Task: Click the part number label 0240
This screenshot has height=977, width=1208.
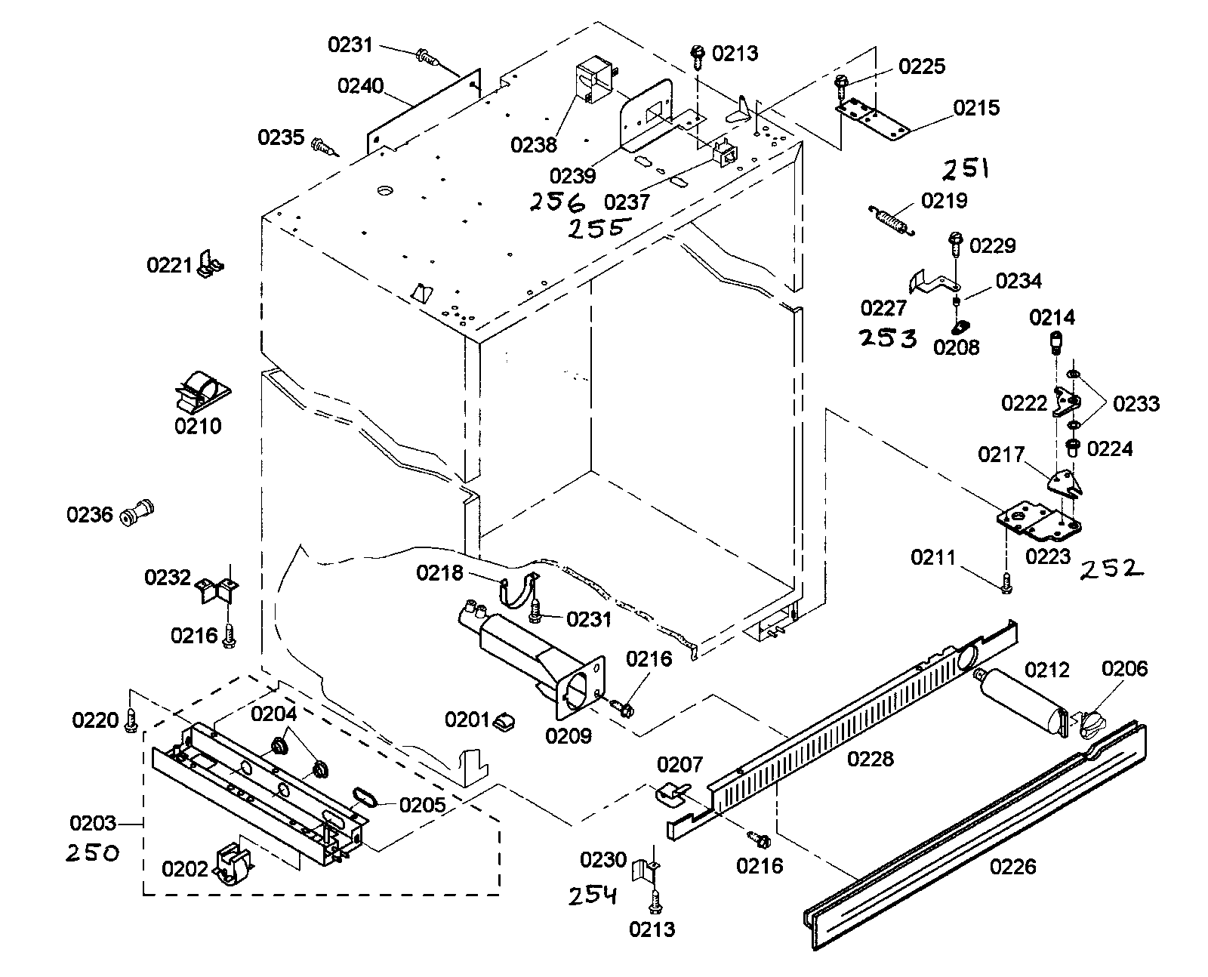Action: (x=360, y=85)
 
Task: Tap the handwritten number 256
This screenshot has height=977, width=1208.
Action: (x=556, y=203)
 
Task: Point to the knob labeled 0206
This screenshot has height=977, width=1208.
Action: (x=1092, y=725)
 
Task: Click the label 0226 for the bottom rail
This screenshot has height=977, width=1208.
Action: (x=1013, y=867)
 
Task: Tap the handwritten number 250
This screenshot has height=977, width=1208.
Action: (x=92, y=854)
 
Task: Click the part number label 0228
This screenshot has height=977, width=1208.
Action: (x=870, y=758)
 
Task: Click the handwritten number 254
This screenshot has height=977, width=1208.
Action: (x=593, y=895)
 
